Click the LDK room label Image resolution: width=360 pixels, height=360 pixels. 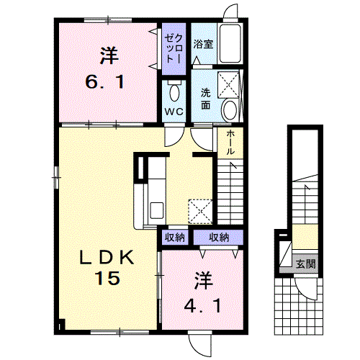pyautogui.click(x=107, y=258)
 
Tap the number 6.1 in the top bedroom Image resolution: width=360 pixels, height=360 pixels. pyautogui.click(x=105, y=81)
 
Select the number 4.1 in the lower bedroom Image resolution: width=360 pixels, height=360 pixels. pyautogui.click(x=202, y=306)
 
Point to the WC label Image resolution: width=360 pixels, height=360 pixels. pyautogui.click(x=174, y=112)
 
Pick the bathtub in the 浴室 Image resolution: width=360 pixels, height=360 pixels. pyautogui.click(x=229, y=44)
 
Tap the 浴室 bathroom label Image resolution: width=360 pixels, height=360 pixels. pyautogui.click(x=203, y=44)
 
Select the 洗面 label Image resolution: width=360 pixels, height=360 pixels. pyautogui.click(x=206, y=99)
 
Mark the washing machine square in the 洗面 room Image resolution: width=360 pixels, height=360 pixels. pyautogui.click(x=228, y=85)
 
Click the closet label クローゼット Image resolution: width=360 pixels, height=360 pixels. pyautogui.click(x=174, y=49)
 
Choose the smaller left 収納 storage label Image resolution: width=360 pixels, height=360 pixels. pyautogui.click(x=174, y=238)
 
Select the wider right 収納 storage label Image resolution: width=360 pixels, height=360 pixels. pyautogui.click(x=219, y=238)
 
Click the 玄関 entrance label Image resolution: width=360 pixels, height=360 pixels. pyautogui.click(x=305, y=264)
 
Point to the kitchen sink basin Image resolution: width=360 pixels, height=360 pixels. pyautogui.click(x=157, y=210)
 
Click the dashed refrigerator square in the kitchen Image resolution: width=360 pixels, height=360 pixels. pyautogui.click(x=200, y=212)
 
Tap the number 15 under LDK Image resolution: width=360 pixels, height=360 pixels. pyautogui.click(x=107, y=278)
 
